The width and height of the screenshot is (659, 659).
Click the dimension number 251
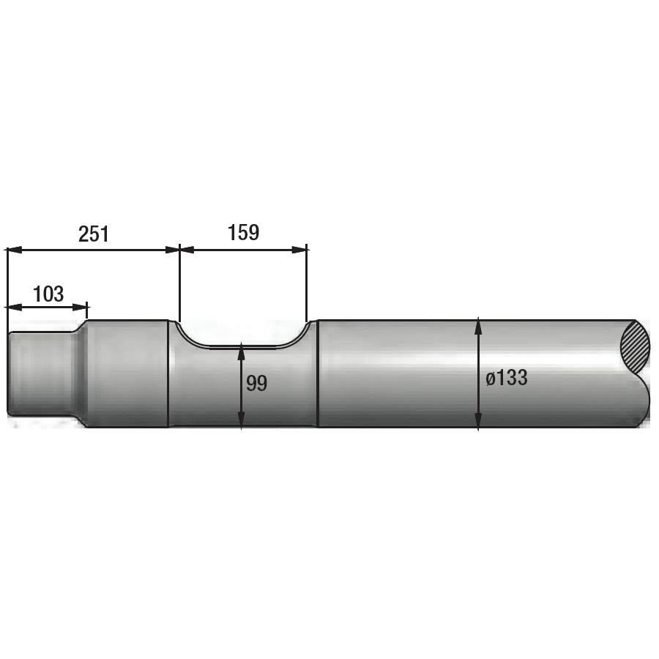pos(93,234)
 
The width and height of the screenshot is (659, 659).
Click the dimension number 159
pos(243,232)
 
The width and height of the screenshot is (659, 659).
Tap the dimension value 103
pos(48,294)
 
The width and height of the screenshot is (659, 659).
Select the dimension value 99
pos(256,383)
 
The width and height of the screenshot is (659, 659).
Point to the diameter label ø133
pos(507,377)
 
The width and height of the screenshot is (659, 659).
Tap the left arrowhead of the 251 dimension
pos(15,250)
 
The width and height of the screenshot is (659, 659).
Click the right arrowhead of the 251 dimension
pos(172,250)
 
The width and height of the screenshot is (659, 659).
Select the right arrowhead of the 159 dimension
pos(299,250)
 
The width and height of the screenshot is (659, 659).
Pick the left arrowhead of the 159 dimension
pos(187,250)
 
